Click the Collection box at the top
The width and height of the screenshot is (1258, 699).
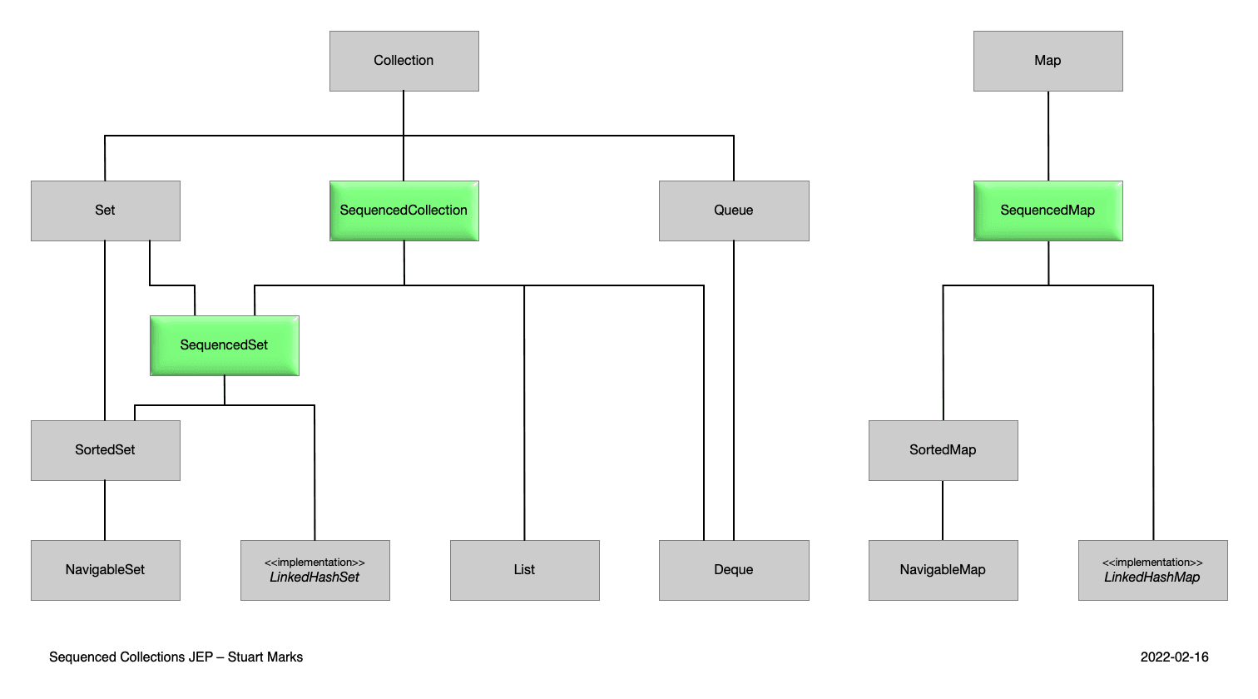tap(404, 61)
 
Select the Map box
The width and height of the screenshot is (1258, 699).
tap(1048, 61)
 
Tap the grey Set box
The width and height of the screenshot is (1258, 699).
tap(105, 211)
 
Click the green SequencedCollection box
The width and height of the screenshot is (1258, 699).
tap(404, 211)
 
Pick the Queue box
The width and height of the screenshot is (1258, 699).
tap(733, 211)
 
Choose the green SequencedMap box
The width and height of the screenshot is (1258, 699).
tap(1048, 211)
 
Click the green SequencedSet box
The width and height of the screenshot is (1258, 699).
tap(224, 345)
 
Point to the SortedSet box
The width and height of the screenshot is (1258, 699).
tap(105, 450)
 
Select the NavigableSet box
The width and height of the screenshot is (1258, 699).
tap(105, 570)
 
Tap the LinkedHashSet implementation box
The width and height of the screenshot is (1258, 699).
tap(314, 570)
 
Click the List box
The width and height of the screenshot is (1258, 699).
tap(524, 570)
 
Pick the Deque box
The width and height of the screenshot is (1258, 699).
tap(733, 570)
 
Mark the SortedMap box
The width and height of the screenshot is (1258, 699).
tap(943, 450)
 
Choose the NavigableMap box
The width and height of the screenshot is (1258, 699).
tap(943, 570)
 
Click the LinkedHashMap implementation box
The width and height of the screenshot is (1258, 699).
tap(1152, 570)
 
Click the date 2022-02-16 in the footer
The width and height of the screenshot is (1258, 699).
tap(1174, 657)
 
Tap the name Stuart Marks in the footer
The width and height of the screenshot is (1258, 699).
tap(265, 657)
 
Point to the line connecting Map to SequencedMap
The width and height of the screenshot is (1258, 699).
tap(1048, 136)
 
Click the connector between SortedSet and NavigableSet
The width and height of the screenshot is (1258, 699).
tap(105, 510)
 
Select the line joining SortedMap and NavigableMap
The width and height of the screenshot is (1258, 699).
tap(943, 510)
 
